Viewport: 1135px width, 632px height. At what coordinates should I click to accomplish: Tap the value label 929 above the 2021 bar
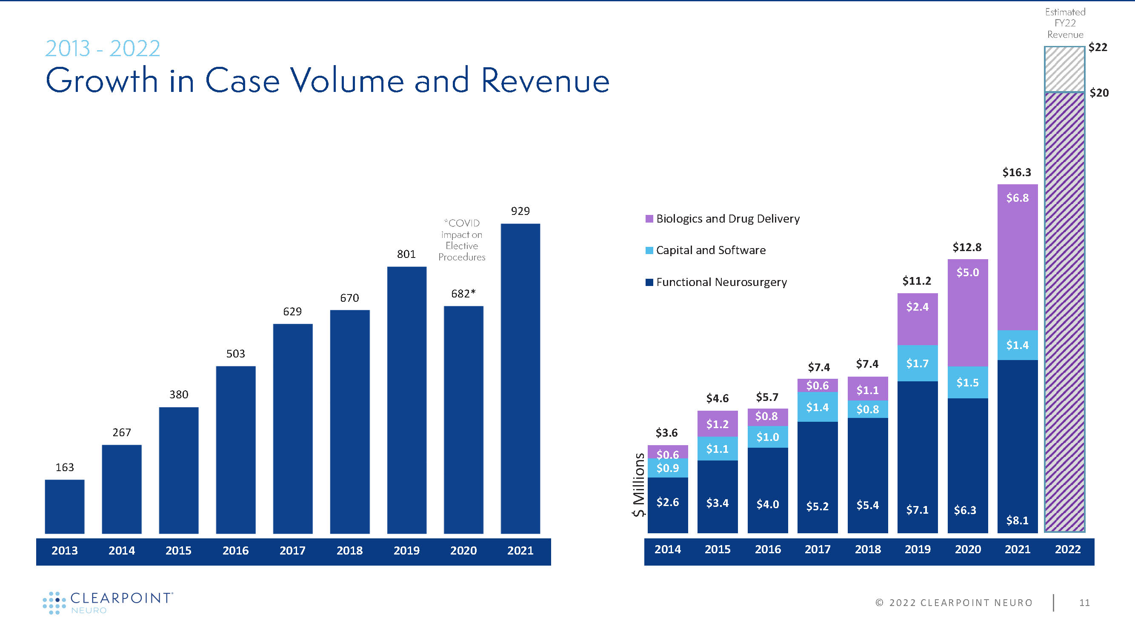point(520,211)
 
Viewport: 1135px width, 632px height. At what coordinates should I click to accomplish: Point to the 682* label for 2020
point(463,294)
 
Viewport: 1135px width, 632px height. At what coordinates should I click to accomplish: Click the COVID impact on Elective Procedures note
point(462,240)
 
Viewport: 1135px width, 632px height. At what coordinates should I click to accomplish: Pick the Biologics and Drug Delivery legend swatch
point(649,219)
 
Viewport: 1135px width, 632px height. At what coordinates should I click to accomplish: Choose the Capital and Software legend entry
point(710,250)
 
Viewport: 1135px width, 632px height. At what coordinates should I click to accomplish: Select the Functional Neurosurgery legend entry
point(721,282)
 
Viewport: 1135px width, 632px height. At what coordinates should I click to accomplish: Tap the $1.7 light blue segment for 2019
point(918,363)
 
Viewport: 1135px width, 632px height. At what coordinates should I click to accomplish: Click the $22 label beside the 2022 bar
point(1098,47)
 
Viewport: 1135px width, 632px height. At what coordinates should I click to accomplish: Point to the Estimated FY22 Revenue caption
point(1065,23)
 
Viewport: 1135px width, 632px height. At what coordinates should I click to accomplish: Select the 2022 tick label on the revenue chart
point(1068,549)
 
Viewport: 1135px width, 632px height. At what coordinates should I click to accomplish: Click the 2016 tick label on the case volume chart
point(235,550)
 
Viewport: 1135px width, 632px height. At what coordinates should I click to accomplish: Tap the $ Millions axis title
point(638,484)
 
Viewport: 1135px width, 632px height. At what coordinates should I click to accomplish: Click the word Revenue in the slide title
point(545,81)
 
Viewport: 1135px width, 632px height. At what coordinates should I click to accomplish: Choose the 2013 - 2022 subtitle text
point(102,49)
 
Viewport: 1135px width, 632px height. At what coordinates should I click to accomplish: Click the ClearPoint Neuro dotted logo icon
point(54,603)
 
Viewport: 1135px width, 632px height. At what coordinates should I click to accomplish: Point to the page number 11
point(1084,603)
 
